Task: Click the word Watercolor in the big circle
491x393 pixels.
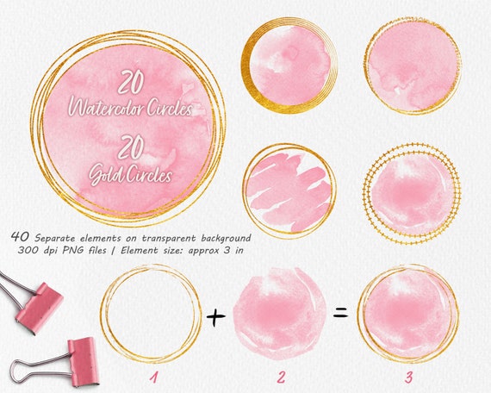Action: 131,110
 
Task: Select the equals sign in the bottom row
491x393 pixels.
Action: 340,313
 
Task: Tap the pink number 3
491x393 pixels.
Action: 407,377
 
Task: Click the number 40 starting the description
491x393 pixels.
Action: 22,234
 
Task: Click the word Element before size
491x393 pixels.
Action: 171,249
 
